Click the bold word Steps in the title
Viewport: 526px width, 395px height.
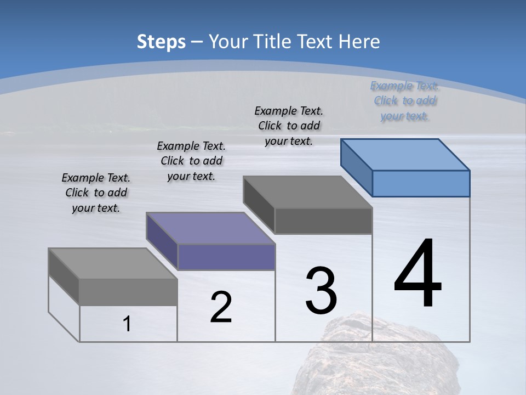[161, 42]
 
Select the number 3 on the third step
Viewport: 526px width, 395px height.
[321, 290]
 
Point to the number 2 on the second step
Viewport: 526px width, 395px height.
[221, 307]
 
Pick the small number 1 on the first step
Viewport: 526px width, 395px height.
[127, 324]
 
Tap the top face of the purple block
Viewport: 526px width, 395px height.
[210, 228]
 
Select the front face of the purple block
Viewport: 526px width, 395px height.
[226, 257]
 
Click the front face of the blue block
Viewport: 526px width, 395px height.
[421, 183]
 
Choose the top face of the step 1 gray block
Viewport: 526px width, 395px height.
[113, 263]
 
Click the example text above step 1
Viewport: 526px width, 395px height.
[96, 193]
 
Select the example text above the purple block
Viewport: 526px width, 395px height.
[191, 161]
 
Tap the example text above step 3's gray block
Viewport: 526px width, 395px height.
[289, 126]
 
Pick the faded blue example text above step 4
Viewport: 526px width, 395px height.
[404, 100]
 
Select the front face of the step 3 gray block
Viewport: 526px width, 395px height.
[323, 221]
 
